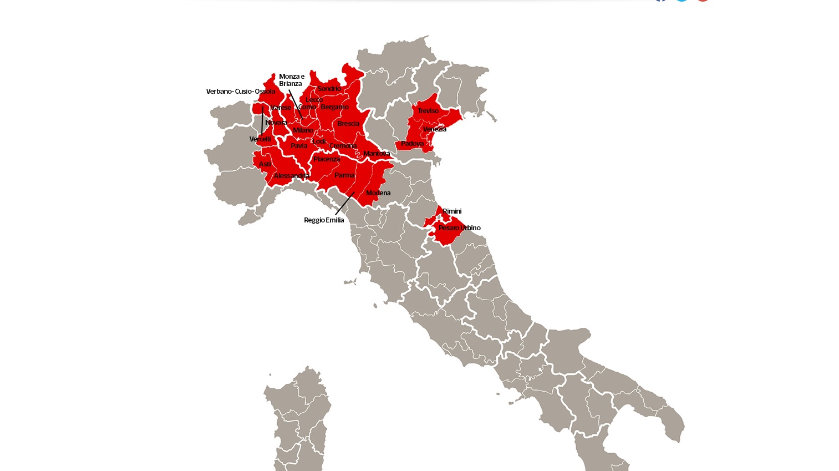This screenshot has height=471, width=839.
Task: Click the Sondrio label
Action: point(329,89)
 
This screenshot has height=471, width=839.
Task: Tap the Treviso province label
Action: point(428,111)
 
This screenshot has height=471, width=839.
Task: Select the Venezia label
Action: point(434,129)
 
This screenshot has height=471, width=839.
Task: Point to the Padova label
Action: point(412,144)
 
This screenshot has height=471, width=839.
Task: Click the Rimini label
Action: point(452,211)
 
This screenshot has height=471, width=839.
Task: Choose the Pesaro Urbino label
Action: point(459,228)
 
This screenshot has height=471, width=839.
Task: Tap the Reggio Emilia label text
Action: point(324,220)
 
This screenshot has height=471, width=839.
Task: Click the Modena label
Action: point(378,193)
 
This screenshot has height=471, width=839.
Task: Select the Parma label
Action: point(344,175)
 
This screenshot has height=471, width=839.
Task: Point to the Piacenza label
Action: point(327,159)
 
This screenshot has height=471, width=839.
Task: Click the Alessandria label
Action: point(291,176)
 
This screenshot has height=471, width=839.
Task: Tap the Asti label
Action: point(265,164)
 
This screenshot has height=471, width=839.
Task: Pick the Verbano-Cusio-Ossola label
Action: point(240,92)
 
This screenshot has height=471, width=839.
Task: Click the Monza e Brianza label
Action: point(291,80)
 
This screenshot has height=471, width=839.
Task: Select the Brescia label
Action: point(348,124)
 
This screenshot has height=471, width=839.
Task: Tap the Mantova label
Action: point(377,154)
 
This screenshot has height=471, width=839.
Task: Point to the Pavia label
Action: point(299,146)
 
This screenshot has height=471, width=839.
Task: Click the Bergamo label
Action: point(334,107)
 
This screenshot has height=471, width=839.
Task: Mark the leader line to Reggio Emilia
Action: point(345,203)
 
